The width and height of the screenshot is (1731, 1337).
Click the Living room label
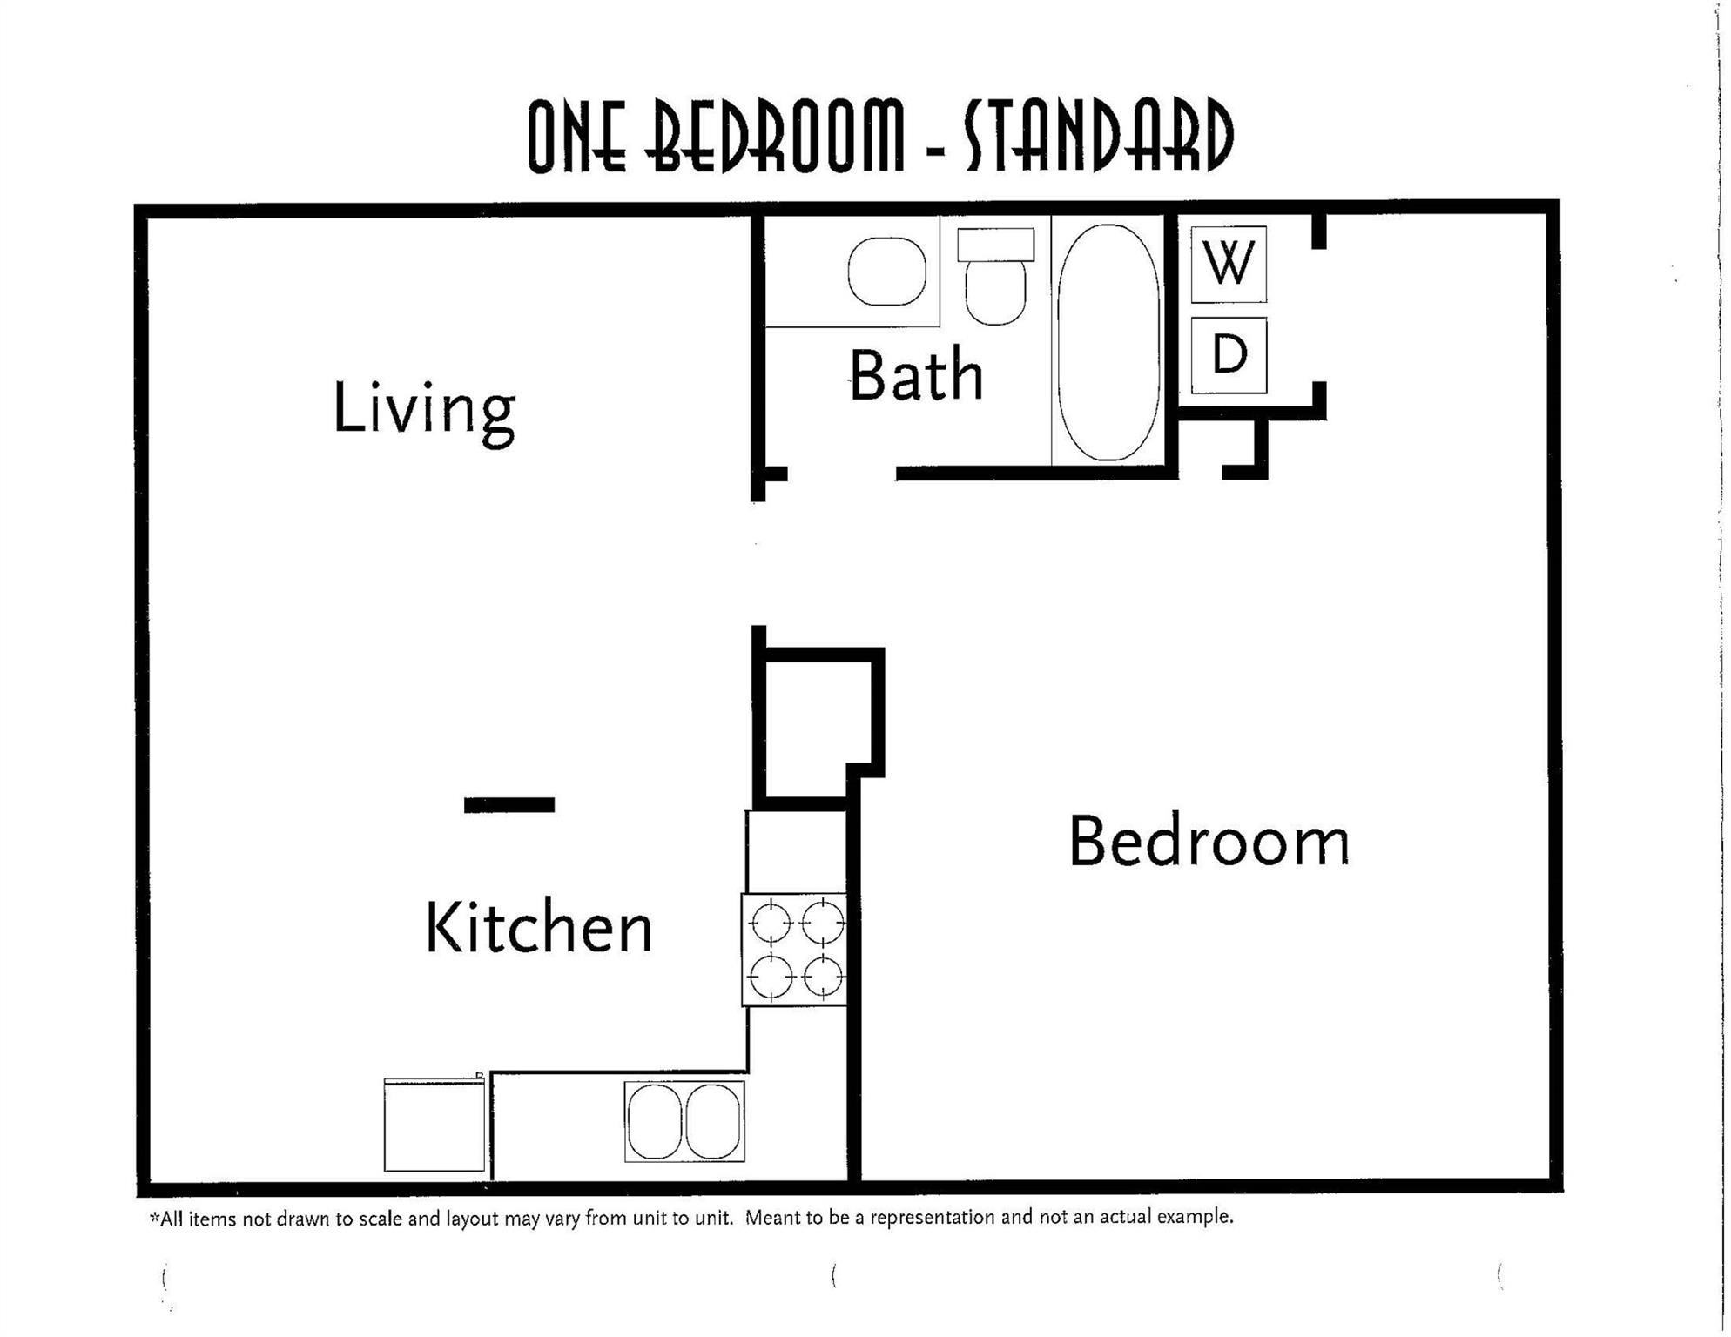[424, 409]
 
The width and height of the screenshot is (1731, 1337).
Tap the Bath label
[916, 376]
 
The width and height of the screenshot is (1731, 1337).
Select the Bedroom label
[1209, 843]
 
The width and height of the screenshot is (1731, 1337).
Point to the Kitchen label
[538, 928]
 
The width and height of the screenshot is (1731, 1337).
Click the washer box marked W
[1229, 264]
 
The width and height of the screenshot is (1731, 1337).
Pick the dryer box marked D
[1229, 355]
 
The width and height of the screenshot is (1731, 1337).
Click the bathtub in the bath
[1108, 342]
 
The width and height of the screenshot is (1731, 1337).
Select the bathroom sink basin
[886, 272]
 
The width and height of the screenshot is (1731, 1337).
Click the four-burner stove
[795, 950]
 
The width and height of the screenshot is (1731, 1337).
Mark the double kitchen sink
[684, 1121]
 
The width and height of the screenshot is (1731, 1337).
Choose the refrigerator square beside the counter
[434, 1125]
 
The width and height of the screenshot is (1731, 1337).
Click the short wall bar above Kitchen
[509, 805]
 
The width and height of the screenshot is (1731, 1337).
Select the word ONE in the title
[576, 136]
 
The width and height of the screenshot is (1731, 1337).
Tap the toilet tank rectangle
[995, 245]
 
